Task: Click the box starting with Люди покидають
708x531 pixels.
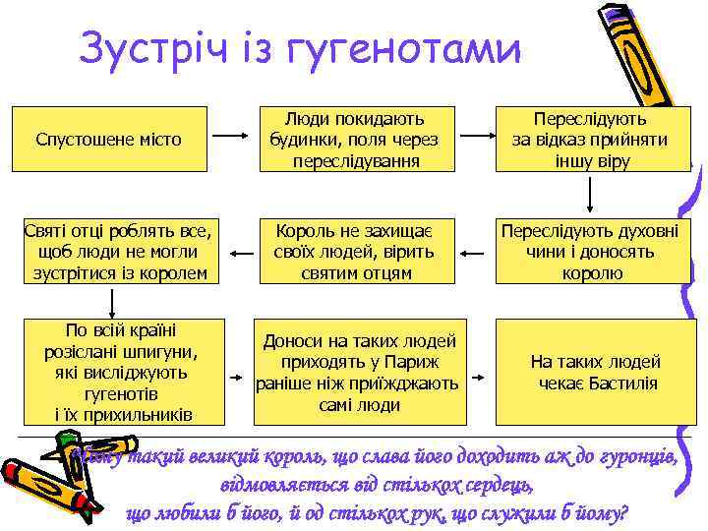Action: click(x=356, y=139)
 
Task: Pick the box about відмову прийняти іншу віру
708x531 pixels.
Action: click(x=590, y=139)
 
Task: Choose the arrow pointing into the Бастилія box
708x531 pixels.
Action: click(x=474, y=375)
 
